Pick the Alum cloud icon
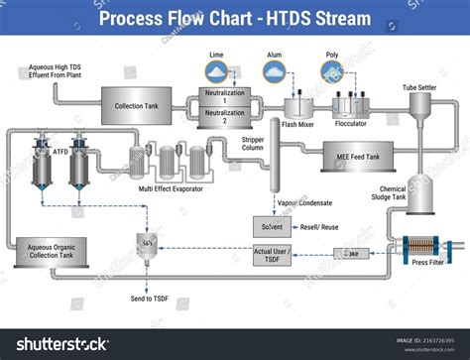tap(275, 69)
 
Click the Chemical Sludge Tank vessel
tap(421, 199)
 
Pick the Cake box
tap(351, 254)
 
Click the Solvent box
tap(272, 227)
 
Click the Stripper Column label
tap(259, 146)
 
